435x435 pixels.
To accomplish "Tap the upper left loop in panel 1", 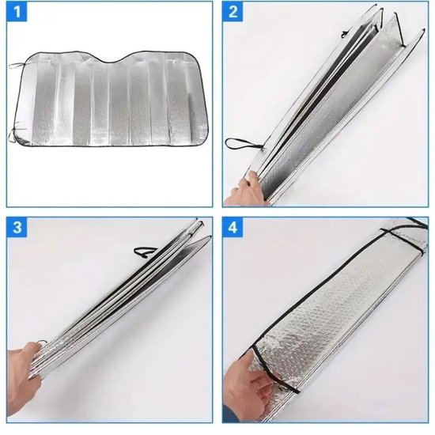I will (x=18, y=65).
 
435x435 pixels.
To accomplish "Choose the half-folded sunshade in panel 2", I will (x=324, y=111).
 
